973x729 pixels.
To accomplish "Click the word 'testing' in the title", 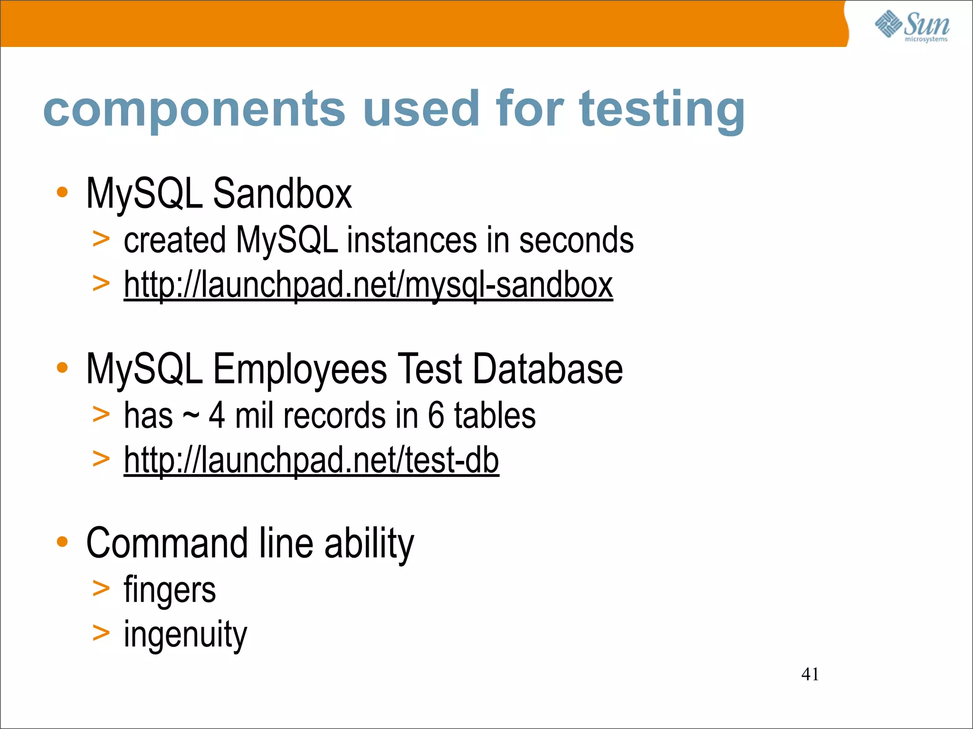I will tap(662, 110).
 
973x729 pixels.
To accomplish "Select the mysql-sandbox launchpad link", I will tap(368, 285).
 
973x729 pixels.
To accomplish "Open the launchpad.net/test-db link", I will tap(311, 460).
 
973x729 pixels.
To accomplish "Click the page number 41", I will tap(810, 674).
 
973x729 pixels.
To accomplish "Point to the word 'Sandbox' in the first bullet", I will tap(282, 194).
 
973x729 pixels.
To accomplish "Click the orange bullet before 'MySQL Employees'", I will tap(62, 367).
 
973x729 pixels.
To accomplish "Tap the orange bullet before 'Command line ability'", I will tap(62, 542).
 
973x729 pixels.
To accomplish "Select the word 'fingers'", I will tap(170, 590).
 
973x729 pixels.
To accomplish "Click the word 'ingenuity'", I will tap(185, 634).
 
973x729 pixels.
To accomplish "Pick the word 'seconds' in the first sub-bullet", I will tap(576, 240).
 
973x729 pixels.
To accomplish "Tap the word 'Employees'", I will tap(299, 369).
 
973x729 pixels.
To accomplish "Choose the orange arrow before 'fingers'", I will tap(101, 589).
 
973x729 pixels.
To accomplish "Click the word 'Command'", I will tap(167, 543).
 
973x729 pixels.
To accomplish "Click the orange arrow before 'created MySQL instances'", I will tap(101, 239).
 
